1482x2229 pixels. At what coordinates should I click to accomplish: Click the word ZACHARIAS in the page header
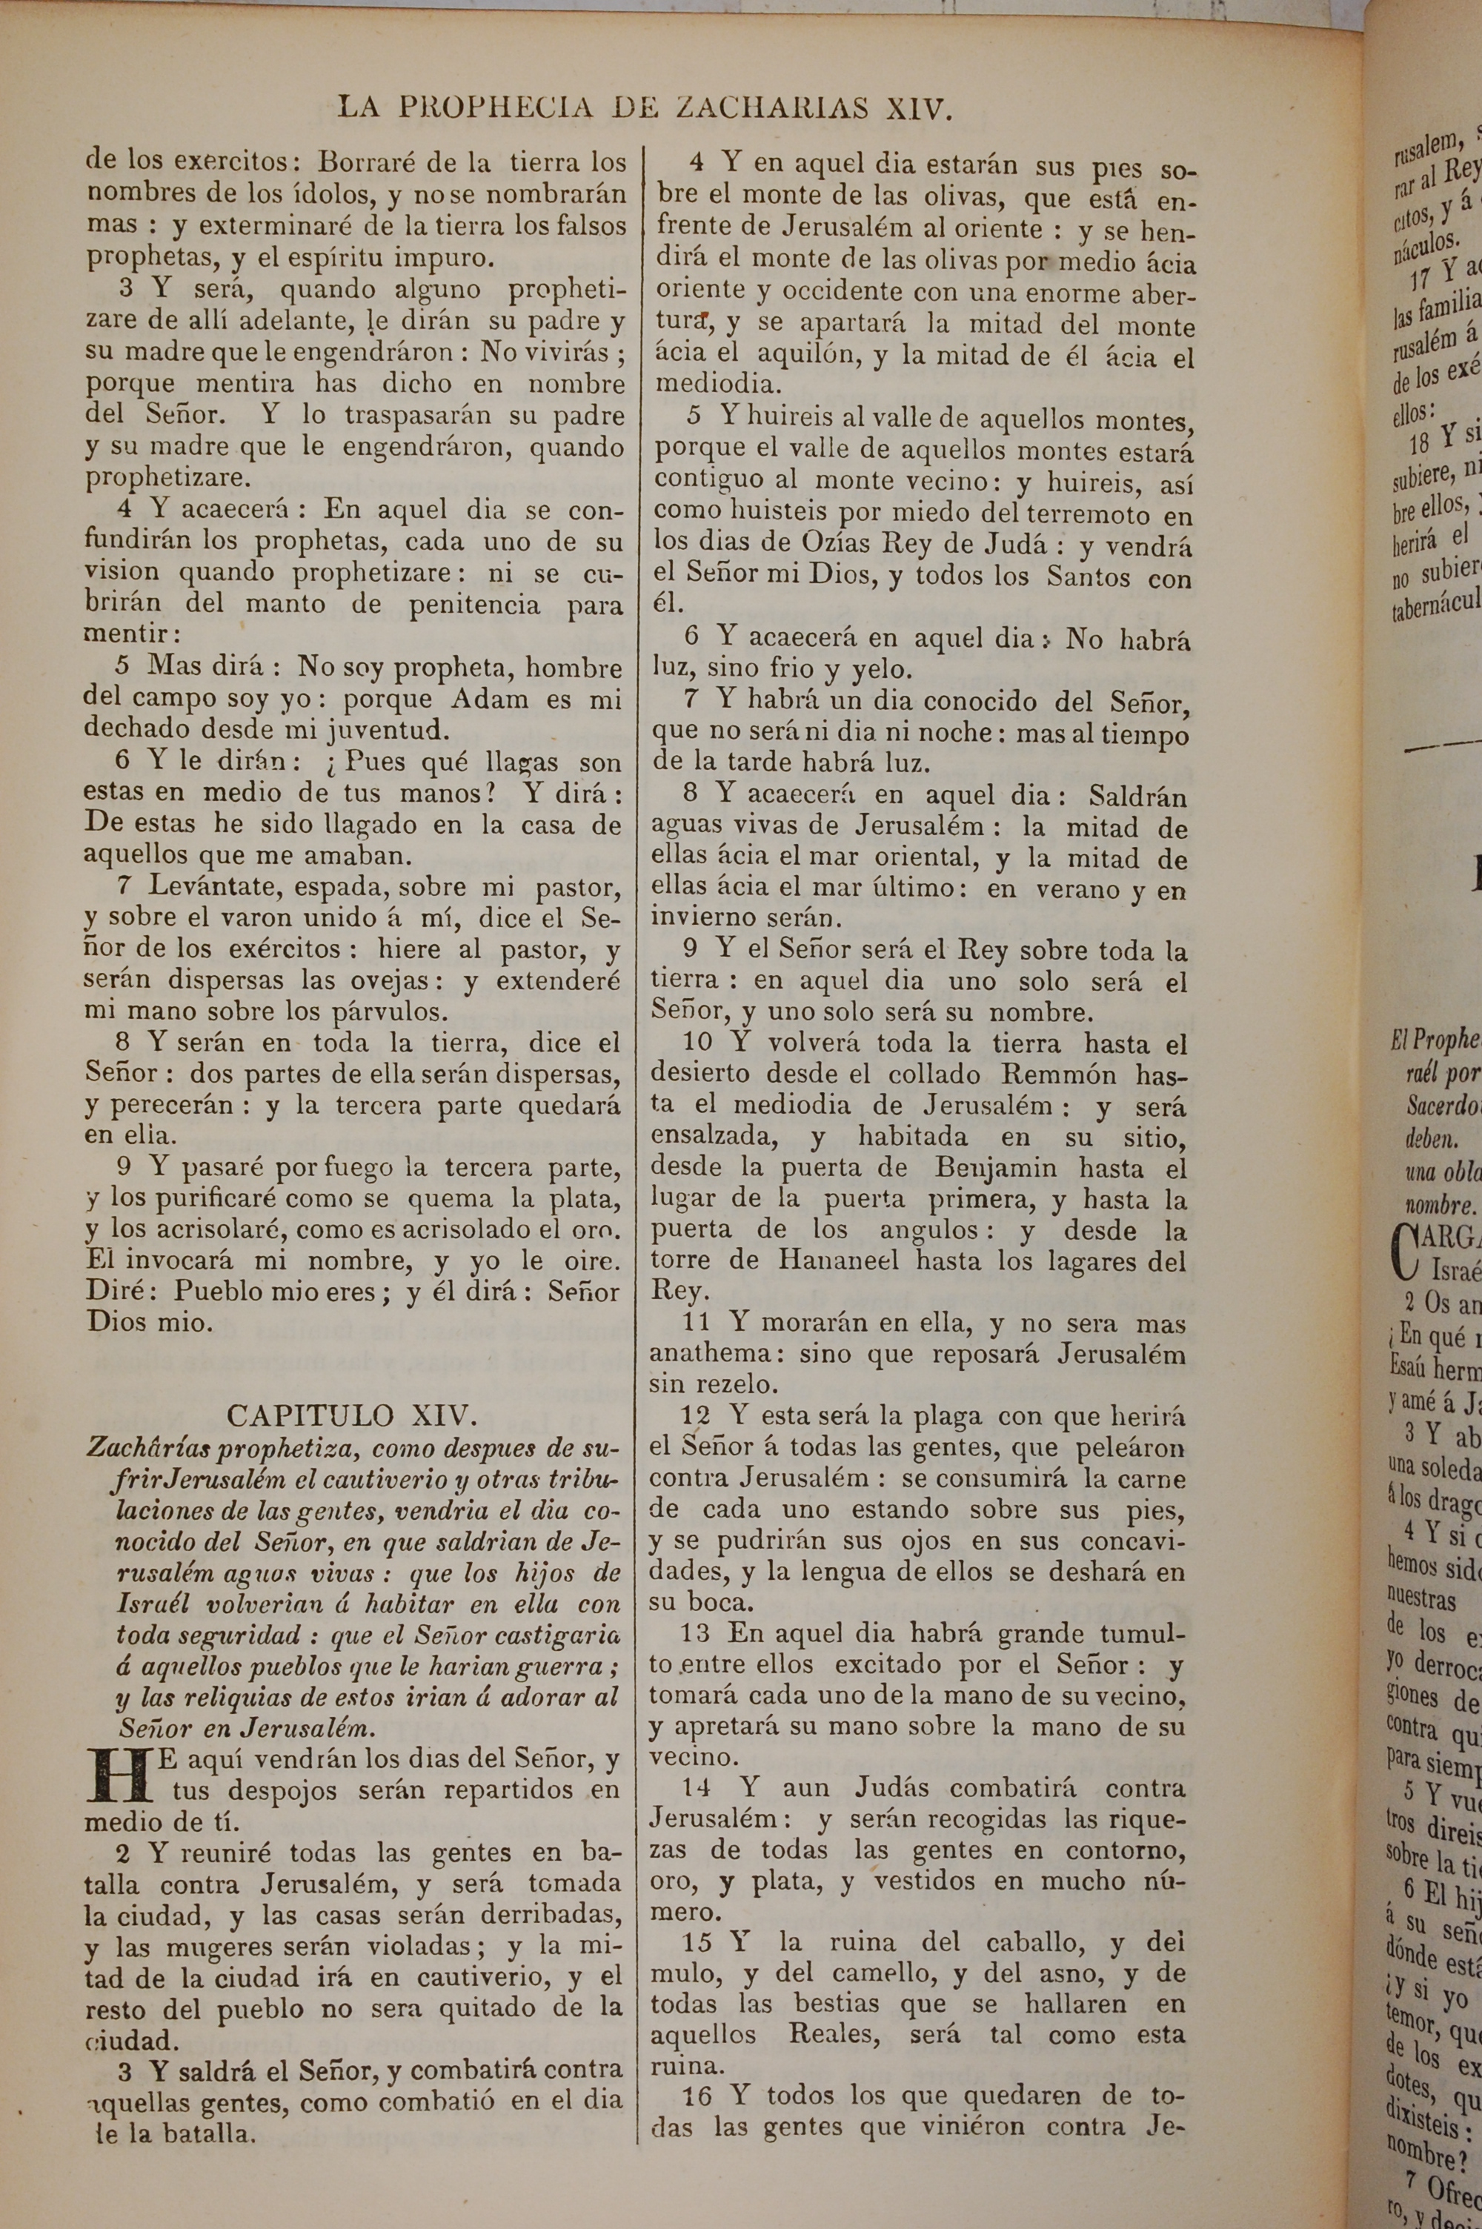[772, 107]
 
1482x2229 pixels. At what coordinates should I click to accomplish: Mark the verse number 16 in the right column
[696, 2065]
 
